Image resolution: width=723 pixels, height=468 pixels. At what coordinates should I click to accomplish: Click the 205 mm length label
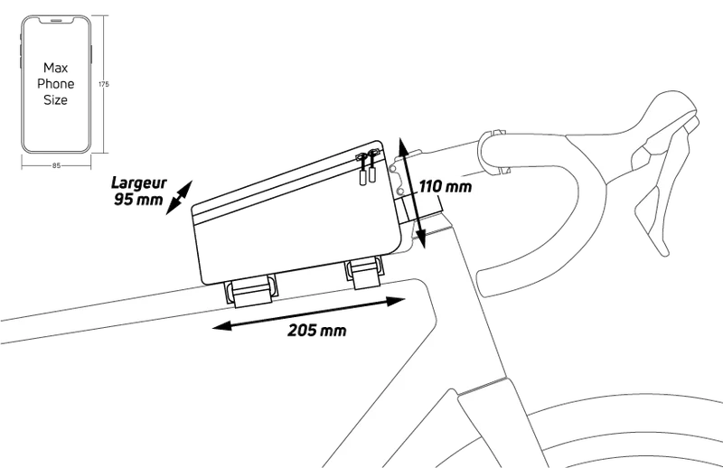coord(317,330)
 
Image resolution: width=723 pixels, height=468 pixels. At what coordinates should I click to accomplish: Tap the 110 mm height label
coord(446,187)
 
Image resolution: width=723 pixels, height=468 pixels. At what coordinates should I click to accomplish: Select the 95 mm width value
coord(138,199)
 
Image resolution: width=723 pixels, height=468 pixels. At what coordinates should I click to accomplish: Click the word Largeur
coord(139,183)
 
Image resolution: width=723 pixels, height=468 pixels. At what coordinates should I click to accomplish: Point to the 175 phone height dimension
coord(104,84)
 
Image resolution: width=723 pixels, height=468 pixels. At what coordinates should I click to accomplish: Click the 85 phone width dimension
coord(56,165)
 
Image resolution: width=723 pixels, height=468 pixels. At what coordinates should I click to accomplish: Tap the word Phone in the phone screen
coord(56,84)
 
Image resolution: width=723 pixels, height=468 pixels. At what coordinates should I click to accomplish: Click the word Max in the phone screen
coord(56,68)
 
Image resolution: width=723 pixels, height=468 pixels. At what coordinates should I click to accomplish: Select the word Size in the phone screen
coord(56,100)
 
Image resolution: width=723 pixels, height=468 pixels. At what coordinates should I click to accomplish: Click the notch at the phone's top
coord(56,20)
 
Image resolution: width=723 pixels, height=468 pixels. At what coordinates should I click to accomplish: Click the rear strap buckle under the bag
coord(250,291)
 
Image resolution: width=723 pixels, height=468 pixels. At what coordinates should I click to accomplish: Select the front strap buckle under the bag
coord(365,273)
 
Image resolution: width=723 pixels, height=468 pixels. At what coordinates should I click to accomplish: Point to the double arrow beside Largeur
coord(179,197)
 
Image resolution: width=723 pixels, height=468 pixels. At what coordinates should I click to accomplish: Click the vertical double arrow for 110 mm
coord(411,192)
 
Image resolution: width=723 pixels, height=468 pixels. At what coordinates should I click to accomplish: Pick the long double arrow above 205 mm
coord(308,314)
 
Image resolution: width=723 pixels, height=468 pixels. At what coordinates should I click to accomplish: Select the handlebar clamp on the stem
coord(493,152)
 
